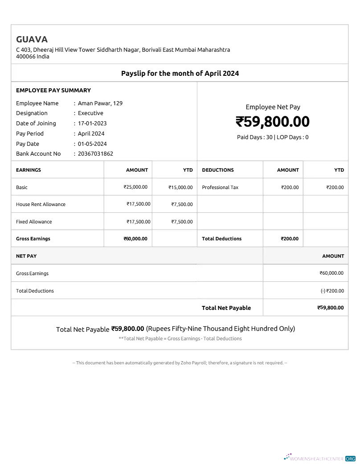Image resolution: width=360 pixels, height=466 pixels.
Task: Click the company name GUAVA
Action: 32,39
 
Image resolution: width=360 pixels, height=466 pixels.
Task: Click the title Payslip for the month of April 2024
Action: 180,73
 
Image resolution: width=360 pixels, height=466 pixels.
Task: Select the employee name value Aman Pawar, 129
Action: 100,103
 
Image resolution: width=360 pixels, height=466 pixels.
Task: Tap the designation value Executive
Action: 90,113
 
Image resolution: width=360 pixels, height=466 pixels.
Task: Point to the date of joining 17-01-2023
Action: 92,124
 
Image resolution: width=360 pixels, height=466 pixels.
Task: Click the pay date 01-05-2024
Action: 92,144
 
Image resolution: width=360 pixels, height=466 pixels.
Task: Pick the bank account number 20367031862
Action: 95,154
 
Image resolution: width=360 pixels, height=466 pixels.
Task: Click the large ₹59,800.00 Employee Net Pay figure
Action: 273,122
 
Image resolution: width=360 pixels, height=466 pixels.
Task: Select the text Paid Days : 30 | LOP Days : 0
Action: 273,137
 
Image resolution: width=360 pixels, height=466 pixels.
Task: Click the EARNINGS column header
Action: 29,170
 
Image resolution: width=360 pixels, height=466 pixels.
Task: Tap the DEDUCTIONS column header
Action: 218,170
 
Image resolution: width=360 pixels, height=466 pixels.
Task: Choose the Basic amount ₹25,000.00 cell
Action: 135,187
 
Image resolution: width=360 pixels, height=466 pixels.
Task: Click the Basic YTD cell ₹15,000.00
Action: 180,187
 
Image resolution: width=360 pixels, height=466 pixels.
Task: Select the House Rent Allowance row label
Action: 41,204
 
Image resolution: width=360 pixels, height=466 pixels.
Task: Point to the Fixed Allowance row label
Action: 34,222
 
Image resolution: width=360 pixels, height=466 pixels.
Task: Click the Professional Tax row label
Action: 220,187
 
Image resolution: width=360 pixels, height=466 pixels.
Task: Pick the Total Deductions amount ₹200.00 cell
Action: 290,239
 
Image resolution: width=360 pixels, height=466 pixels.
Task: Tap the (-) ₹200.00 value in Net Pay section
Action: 332,291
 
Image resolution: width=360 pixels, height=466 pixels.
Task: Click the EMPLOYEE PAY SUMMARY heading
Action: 53,90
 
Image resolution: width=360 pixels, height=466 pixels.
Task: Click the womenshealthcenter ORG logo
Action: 319,458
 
